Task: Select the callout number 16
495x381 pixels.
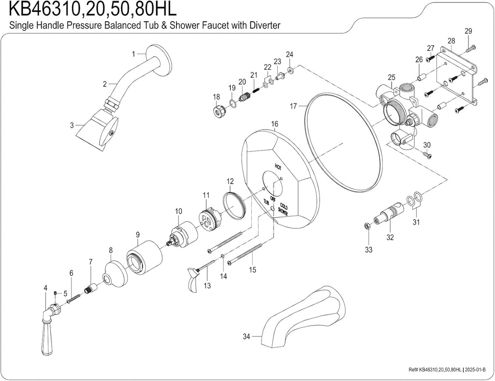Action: (275, 124)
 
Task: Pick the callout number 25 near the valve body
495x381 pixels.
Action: (392, 77)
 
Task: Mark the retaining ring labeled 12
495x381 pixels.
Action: (234, 204)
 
